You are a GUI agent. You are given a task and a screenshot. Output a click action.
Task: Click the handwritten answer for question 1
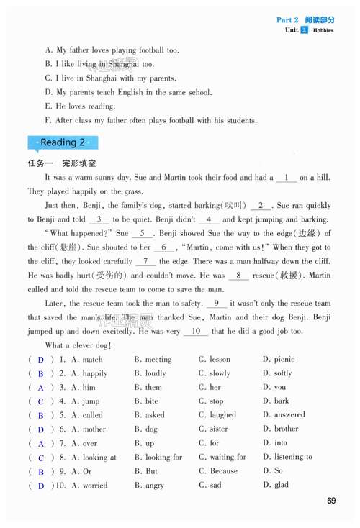coord(41,360)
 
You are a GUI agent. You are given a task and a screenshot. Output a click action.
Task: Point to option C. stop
coord(211,401)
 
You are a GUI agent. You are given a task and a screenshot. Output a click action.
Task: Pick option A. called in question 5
coord(86,415)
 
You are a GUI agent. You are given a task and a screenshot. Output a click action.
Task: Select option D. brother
coord(281,429)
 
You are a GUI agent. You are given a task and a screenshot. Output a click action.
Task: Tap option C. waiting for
coord(222,457)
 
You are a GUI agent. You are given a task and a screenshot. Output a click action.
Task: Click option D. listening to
coord(287,457)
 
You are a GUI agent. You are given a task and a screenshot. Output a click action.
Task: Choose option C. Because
coord(218,471)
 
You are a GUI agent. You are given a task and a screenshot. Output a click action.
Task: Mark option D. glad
coord(276,485)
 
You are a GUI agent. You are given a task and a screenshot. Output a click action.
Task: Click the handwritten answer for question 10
coord(41,486)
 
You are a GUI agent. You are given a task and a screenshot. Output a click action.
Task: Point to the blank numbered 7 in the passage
coord(145,262)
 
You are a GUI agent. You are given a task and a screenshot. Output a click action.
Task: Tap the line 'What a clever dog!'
coord(78,346)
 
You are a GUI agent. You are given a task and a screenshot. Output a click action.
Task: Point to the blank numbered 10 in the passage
coord(195,332)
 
